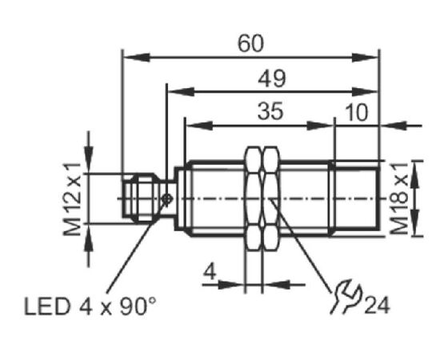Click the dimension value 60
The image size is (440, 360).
coord(250,44)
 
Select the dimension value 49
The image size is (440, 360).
coord(272,78)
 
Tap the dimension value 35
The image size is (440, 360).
coord(270,111)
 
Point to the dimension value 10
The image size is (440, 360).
coord(356,113)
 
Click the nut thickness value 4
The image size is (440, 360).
coord(210,272)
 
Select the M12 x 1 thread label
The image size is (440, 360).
coord(72,199)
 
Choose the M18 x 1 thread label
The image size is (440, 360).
coord(399,198)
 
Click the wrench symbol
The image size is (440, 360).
coord(345,296)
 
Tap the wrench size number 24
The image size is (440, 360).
coord(377,306)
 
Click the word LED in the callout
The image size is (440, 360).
coord(47,306)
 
